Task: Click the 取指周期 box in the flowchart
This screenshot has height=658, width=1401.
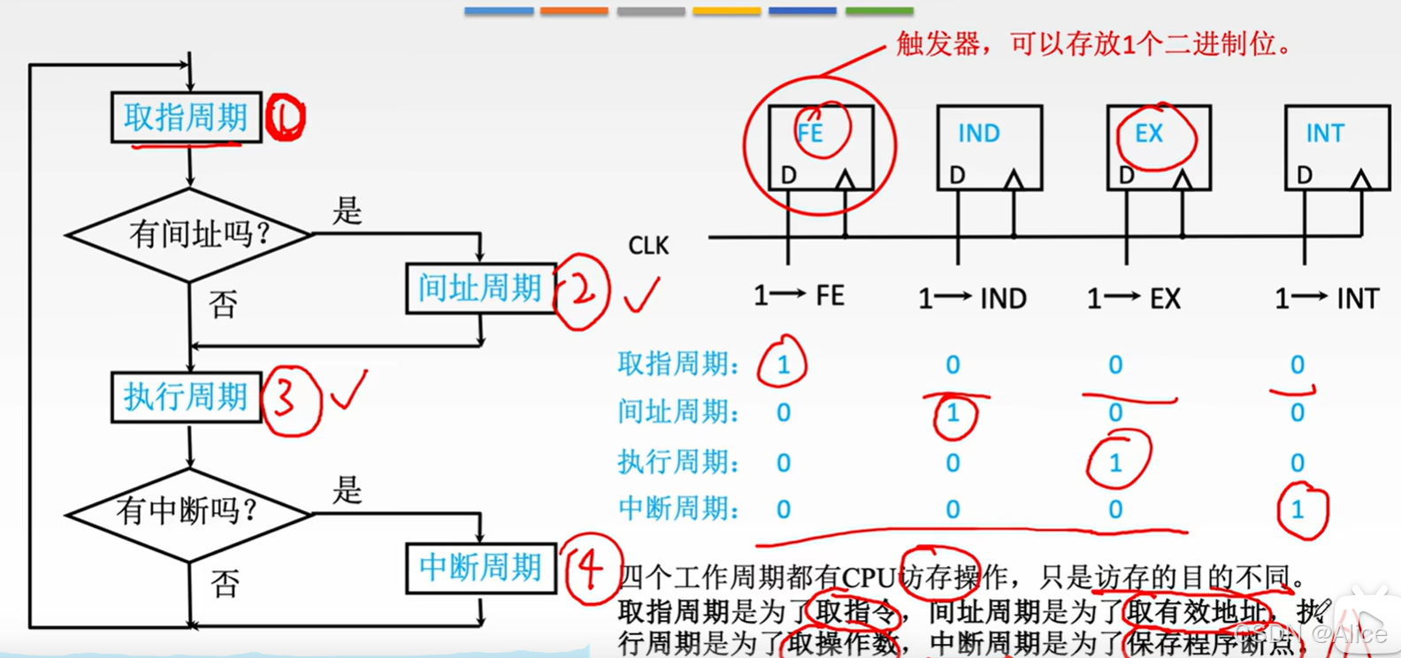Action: point(186,117)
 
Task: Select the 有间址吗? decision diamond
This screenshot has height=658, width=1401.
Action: point(189,234)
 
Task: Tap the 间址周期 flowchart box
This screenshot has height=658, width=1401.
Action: point(480,287)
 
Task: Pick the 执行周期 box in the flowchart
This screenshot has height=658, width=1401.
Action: point(186,396)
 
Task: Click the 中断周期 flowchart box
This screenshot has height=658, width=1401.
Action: point(480,567)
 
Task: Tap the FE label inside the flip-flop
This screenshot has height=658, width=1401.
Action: point(810,134)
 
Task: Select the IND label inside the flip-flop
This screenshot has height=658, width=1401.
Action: point(979,134)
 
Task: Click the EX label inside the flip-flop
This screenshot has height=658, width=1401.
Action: point(1149,134)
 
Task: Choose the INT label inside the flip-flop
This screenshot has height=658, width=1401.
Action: point(1325,134)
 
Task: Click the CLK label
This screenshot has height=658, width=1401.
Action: point(648,246)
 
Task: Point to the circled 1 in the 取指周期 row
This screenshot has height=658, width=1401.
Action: point(783,364)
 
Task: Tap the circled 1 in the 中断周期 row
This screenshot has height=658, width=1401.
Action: point(1298,509)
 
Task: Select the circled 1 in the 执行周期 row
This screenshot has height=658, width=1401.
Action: point(1116,462)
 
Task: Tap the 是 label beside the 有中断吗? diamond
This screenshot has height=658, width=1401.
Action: point(348,489)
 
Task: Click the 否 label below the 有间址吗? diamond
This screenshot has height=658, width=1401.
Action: point(223,305)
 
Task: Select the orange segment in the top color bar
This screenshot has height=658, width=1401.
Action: point(574,11)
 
